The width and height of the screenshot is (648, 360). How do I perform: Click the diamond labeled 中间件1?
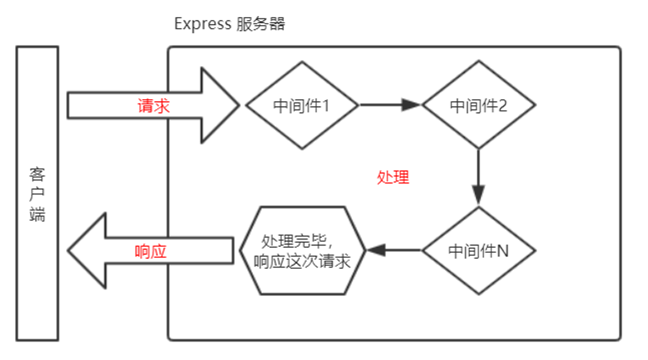point(302,105)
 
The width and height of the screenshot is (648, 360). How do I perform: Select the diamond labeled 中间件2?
point(479,105)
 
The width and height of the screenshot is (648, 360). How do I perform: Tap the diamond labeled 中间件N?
point(479,251)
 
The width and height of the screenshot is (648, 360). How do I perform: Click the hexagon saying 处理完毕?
point(302,250)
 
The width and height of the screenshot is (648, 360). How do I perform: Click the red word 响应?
point(151,252)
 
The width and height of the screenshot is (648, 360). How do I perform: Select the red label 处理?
point(393,178)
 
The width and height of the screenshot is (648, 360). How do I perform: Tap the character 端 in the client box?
point(37,214)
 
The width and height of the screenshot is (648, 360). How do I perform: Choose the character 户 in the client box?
point(37,195)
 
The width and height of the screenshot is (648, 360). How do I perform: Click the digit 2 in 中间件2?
point(502,106)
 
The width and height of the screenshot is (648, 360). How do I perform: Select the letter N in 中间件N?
point(502,252)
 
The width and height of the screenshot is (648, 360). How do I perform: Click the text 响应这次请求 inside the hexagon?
point(302,261)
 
